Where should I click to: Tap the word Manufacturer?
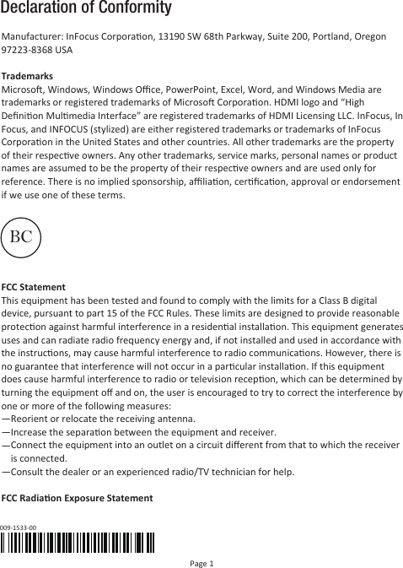pos(33,37)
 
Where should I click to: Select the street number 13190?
pos(175,37)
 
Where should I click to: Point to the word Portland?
pos(327,37)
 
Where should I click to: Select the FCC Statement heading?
pos(35,288)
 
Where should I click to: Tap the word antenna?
pos(176,418)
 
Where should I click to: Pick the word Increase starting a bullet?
pos(31,432)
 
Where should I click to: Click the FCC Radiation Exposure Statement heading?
pos(78,498)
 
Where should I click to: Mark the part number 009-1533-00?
pos(19,527)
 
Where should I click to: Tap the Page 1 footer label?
pos(201,561)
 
